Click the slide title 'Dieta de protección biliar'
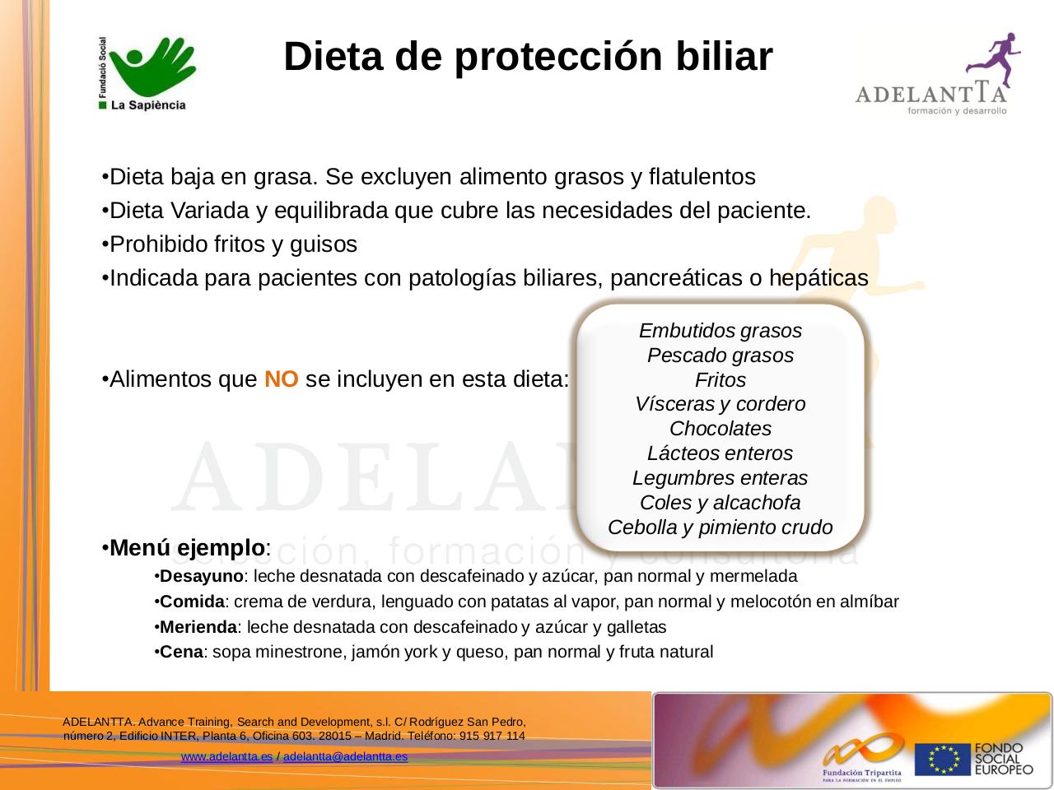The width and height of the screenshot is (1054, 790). pyautogui.click(x=528, y=58)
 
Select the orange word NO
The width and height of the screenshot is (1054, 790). pyautogui.click(x=281, y=380)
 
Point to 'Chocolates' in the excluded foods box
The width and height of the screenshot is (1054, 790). pyautogui.click(x=721, y=429)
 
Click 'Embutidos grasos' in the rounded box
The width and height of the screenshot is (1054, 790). pyautogui.click(x=721, y=331)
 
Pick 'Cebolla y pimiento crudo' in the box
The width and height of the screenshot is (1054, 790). pyautogui.click(x=721, y=527)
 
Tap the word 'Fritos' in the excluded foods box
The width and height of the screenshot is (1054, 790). pyautogui.click(x=721, y=380)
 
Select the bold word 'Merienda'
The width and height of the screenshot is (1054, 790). pyautogui.click(x=198, y=627)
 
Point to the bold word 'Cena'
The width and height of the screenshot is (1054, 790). pyautogui.click(x=181, y=653)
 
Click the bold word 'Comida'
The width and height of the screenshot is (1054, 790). pyautogui.click(x=192, y=602)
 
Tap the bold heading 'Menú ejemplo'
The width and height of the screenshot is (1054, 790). pyautogui.click(x=187, y=547)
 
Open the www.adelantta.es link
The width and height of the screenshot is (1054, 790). pyautogui.click(x=226, y=756)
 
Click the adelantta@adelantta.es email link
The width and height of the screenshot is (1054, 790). pyautogui.click(x=345, y=756)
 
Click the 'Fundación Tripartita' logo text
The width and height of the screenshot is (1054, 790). pyautogui.click(x=861, y=773)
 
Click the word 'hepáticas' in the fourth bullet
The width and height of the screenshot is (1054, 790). pyautogui.click(x=818, y=279)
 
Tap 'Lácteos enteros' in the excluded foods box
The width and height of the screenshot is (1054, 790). pyautogui.click(x=721, y=453)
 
